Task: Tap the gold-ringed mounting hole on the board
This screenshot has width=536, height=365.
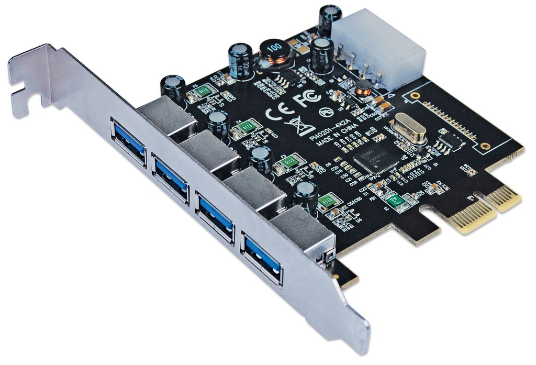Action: pyautogui.click(x=415, y=96)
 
